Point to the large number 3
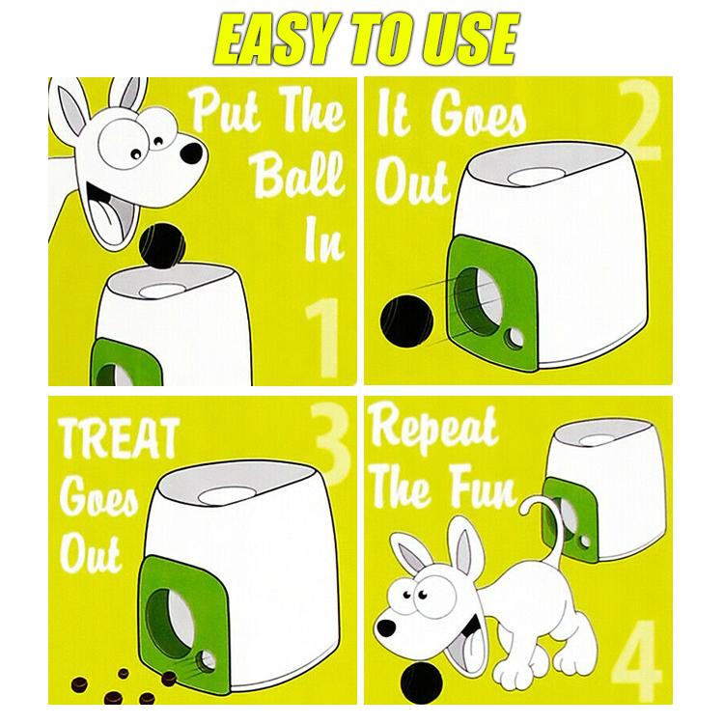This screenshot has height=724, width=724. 330,442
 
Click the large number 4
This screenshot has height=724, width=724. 638,660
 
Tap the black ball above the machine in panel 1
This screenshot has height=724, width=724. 161,244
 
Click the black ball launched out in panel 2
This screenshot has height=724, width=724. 406,320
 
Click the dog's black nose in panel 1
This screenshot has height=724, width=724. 191,153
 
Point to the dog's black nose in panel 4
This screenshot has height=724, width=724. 386,627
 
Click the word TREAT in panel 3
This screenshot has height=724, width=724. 119,438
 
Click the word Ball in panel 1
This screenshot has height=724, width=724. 299,175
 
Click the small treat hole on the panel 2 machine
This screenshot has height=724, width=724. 514,340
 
